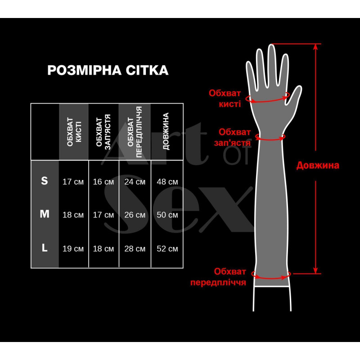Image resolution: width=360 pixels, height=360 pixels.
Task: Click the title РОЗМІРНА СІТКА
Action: coord(108,70)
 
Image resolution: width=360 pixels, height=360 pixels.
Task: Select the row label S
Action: coord(44,181)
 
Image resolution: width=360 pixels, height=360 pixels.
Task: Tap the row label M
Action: coord(44,214)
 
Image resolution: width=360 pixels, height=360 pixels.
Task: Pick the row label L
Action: coord(44,247)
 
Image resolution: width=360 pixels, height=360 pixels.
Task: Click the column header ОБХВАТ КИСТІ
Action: coord(74,131)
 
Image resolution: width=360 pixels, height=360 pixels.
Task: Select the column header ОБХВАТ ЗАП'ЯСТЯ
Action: coord(103,131)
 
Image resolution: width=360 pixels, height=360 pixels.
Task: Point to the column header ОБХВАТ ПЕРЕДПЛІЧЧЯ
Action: coord(135,131)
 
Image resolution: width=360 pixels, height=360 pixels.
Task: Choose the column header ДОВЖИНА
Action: coord(166,131)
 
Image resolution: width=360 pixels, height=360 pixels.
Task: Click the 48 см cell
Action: coord(167,182)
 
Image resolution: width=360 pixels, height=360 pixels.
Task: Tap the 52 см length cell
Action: coord(167,248)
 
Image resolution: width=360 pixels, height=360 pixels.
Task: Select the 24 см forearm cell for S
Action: coord(135,182)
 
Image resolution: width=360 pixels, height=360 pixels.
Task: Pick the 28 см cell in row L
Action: coord(135,248)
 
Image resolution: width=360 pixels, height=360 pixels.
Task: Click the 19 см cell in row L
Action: coord(73,248)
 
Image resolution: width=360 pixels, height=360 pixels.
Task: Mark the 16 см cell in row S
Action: coord(103,182)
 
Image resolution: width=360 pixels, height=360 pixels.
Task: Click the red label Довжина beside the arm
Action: coord(317,165)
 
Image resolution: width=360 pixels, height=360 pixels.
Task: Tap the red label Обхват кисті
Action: coord(225,98)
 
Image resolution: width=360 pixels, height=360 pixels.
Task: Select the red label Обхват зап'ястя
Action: coord(234,136)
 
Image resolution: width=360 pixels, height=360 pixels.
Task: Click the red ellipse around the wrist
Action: coord(270,137)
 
